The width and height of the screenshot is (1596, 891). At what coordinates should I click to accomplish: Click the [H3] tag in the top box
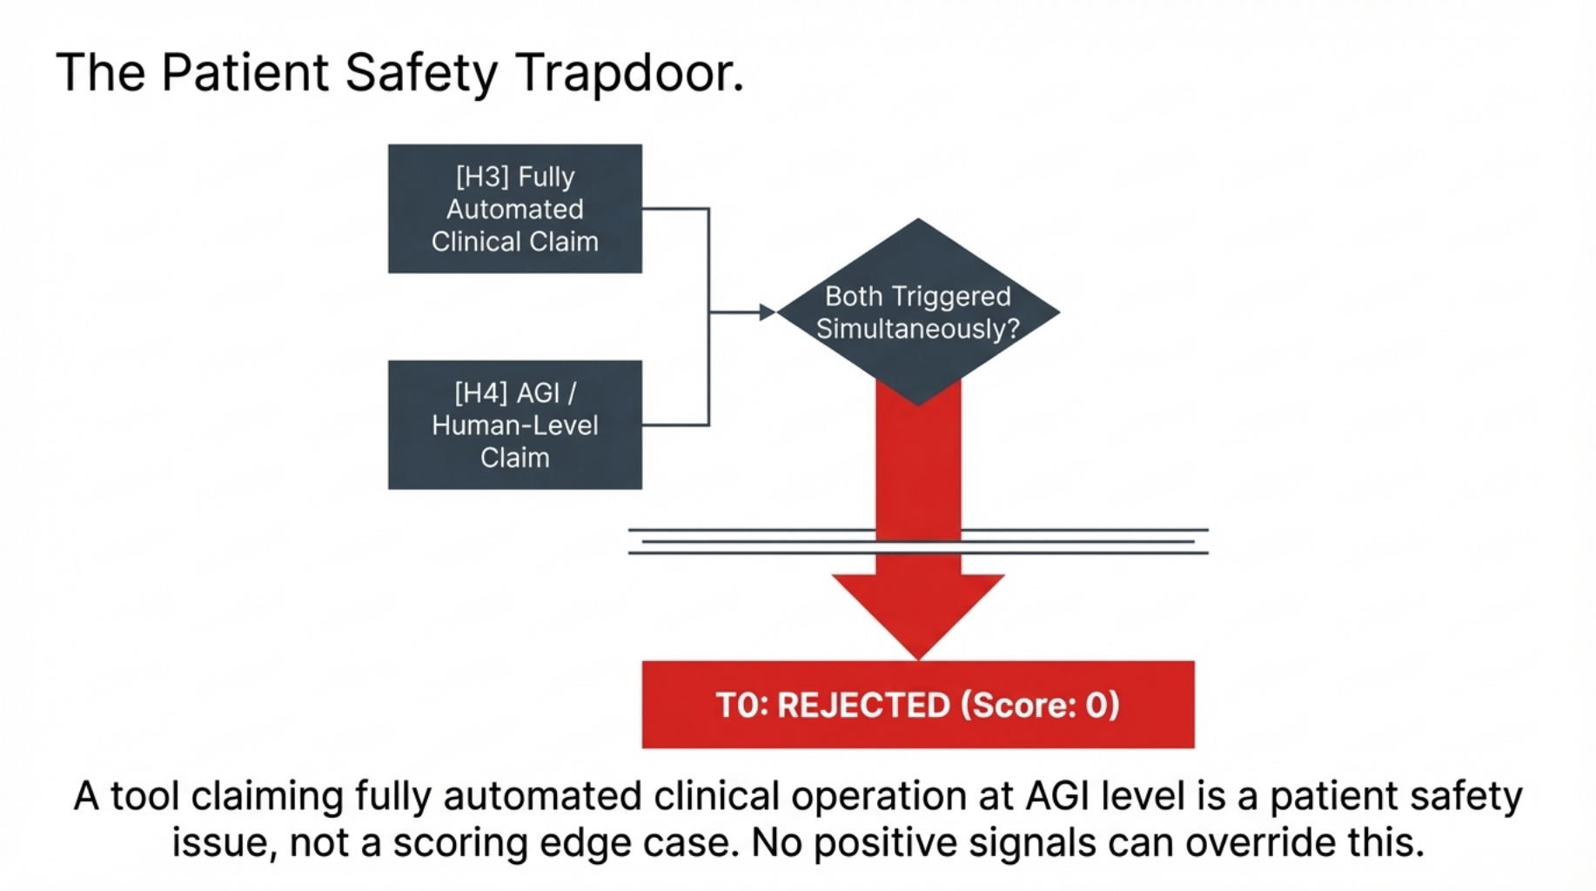[x=482, y=177]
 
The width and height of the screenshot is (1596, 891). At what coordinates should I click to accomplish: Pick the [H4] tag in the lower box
[x=480, y=393]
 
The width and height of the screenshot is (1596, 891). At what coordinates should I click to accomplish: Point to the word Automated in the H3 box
[x=515, y=209]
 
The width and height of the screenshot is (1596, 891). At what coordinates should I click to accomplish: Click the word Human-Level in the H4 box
[x=515, y=425]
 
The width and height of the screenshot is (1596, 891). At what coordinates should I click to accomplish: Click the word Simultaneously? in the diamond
[x=917, y=329]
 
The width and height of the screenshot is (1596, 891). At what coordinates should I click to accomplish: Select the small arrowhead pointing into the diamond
[x=767, y=312]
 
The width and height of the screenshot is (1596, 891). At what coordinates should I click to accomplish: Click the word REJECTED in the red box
[x=862, y=705]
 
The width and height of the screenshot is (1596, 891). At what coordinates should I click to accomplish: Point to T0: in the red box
[x=741, y=705]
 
